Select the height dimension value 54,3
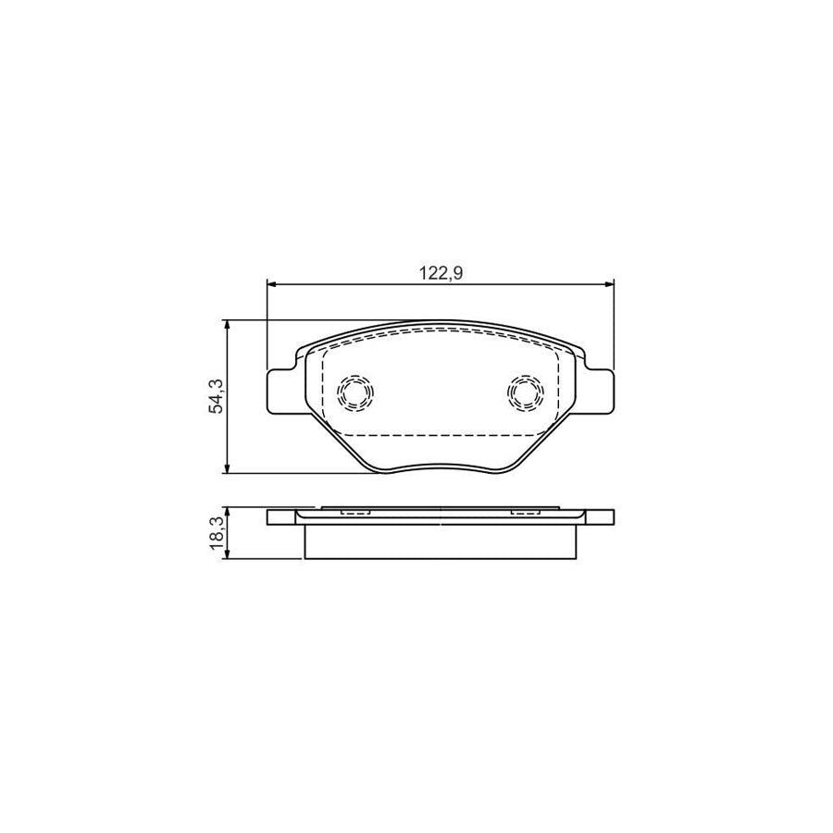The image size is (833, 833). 216,397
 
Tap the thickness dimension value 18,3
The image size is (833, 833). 216,534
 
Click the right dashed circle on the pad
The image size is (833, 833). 525,393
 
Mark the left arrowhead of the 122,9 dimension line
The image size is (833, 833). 272,283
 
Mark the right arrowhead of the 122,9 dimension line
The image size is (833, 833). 608,283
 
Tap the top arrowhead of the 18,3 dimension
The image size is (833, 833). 228,512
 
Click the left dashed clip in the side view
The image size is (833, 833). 355,510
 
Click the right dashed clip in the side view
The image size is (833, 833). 525,510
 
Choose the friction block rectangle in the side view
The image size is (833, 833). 441,542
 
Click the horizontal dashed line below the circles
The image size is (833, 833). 441,435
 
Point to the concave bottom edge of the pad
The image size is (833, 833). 441,465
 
